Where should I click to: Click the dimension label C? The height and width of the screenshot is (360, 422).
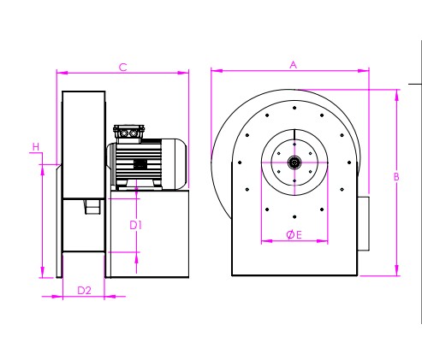click(x=122, y=68)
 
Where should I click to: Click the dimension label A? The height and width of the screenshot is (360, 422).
click(x=293, y=65)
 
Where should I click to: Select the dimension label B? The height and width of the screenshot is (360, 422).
click(x=396, y=177)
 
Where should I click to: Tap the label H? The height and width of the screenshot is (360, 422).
click(x=36, y=147)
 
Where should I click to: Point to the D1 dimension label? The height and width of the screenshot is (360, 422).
click(x=135, y=225)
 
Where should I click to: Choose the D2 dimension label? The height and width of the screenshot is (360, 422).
click(x=84, y=291)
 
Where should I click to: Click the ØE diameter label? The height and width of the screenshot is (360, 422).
click(x=294, y=235)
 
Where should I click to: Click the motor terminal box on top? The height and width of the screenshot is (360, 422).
click(x=128, y=133)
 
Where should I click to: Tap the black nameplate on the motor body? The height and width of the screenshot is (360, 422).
click(x=140, y=164)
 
